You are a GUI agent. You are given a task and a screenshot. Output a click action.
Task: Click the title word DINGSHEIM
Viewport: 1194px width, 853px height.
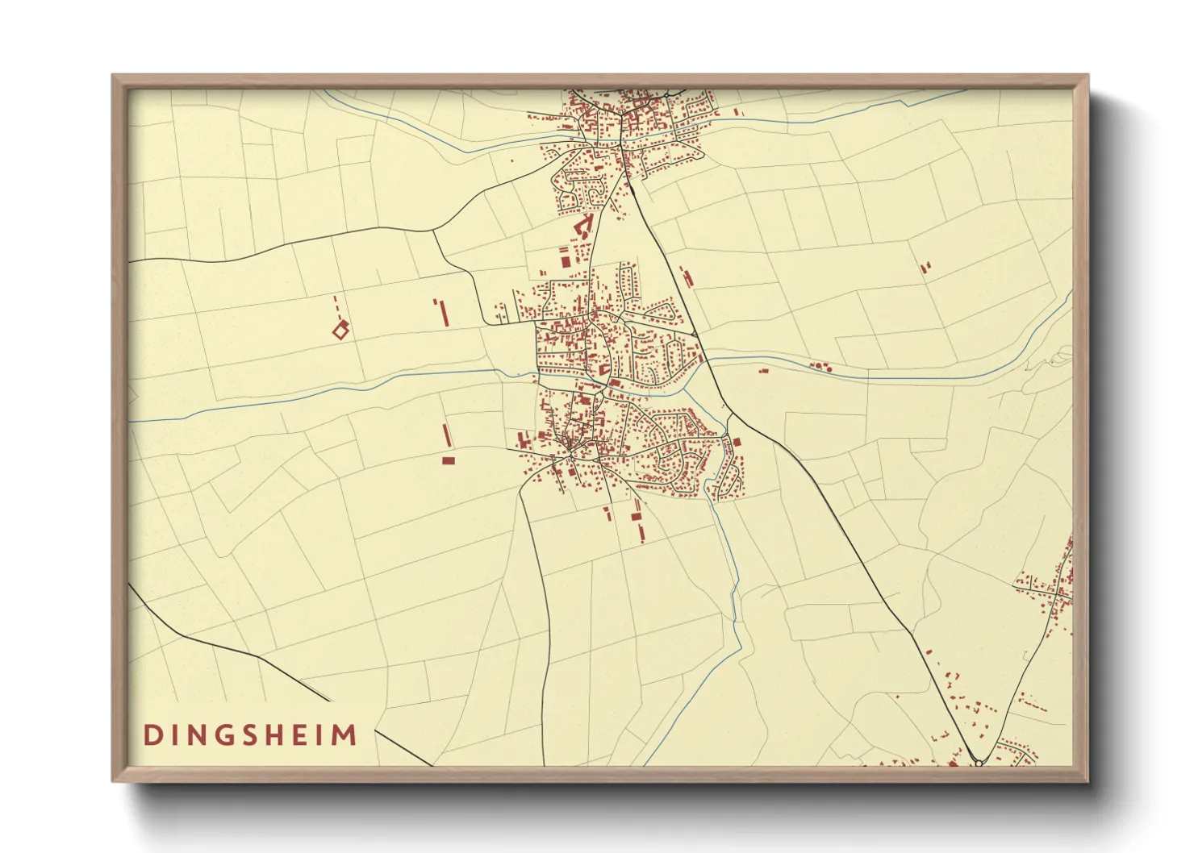click(x=250, y=735)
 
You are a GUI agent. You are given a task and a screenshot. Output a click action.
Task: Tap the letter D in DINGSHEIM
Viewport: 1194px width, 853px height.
click(x=151, y=735)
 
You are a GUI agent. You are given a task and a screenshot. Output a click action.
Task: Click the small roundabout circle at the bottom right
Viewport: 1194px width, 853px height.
click(x=979, y=762)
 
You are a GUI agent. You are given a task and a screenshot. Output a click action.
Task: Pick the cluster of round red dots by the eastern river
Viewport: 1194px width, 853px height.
click(x=820, y=367)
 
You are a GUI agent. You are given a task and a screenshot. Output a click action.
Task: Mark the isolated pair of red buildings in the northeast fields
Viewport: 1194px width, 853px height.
click(x=925, y=266)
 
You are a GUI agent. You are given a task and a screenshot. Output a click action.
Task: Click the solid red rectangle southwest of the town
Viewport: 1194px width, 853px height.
click(x=449, y=460)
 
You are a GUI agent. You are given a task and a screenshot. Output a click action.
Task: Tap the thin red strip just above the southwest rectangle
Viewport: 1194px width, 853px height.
click(x=445, y=435)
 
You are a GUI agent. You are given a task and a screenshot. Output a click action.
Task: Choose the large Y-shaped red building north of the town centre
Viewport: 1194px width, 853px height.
click(x=583, y=224)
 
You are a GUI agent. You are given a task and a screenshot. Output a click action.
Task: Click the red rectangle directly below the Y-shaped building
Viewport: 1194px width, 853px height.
click(x=565, y=260)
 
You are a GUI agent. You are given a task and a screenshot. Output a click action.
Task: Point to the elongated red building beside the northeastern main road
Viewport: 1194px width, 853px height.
click(x=687, y=277)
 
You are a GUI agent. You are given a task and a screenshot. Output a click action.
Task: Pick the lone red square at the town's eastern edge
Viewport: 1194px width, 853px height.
click(x=736, y=441)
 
